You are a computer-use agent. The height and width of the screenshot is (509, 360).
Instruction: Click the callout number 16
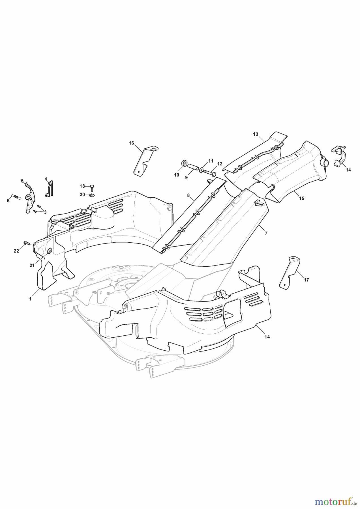point(131,143)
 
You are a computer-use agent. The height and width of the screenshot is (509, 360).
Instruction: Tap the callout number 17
point(306,280)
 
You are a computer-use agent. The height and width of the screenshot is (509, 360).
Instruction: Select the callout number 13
point(256,134)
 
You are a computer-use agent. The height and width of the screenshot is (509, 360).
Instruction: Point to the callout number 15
point(302,199)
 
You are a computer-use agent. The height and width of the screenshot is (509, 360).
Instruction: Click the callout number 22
point(16,251)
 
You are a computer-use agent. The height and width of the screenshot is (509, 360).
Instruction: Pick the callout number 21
point(32,265)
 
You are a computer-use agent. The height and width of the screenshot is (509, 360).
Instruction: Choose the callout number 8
point(188,195)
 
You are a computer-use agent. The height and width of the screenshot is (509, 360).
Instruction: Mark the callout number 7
point(266,234)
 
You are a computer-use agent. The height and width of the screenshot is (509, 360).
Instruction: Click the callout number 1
point(30,299)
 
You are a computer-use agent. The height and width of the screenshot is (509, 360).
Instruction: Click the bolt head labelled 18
point(92,186)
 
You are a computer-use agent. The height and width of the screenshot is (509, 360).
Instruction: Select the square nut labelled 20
point(92,195)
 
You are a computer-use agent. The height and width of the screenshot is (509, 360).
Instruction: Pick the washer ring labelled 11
point(201,170)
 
